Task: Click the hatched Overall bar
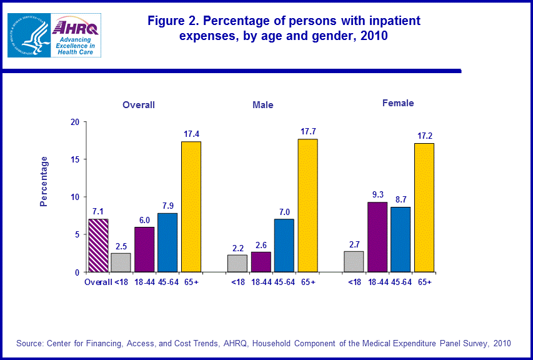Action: (x=98, y=246)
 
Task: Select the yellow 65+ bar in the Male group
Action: (x=307, y=206)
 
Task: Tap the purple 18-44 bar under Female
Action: (x=377, y=237)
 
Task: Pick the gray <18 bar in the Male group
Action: (x=237, y=263)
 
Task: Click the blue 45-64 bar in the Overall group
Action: (x=167, y=242)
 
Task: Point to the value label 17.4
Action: (x=191, y=134)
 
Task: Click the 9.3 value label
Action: (x=377, y=194)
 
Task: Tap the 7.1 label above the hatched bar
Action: (x=98, y=211)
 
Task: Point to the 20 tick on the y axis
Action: (x=74, y=122)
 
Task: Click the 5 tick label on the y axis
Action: (x=76, y=235)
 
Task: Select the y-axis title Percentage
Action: (x=44, y=181)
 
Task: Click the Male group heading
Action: (x=262, y=105)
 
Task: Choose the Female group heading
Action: (x=398, y=103)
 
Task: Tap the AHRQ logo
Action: (x=76, y=36)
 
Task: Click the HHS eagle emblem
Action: (x=28, y=36)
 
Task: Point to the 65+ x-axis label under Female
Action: (x=425, y=282)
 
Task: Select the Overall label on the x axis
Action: (x=98, y=282)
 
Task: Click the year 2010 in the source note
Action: (x=502, y=343)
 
